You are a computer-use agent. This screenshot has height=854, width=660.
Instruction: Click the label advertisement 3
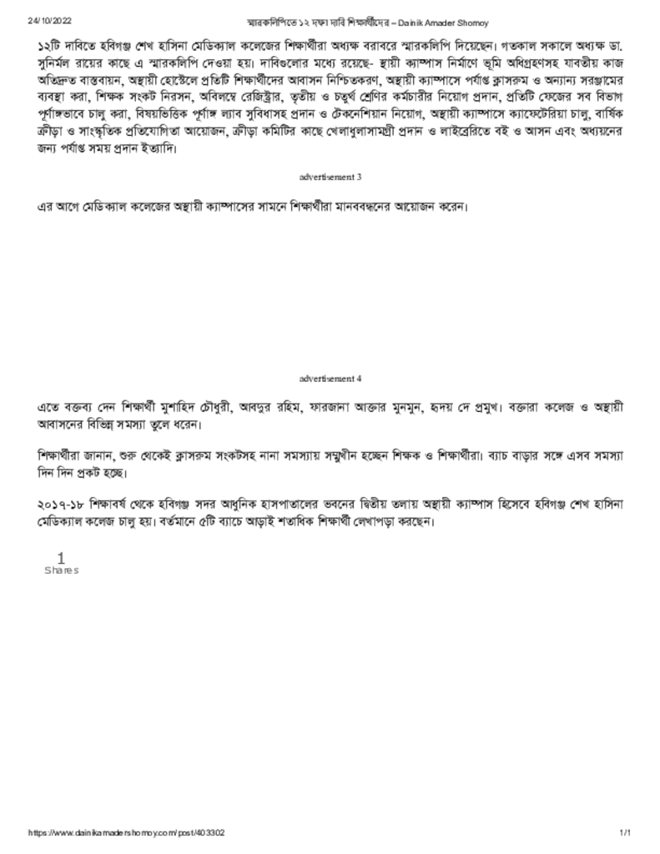(330, 177)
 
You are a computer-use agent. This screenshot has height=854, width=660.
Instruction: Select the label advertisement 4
(330, 379)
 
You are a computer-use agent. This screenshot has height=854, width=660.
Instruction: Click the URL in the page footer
(126, 833)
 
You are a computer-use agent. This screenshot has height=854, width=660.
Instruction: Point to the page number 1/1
(625, 833)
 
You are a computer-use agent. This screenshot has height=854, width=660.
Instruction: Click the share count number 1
(60, 557)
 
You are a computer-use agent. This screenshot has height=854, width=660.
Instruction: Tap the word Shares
(61, 570)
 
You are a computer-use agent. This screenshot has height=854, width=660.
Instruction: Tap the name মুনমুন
(408, 407)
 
